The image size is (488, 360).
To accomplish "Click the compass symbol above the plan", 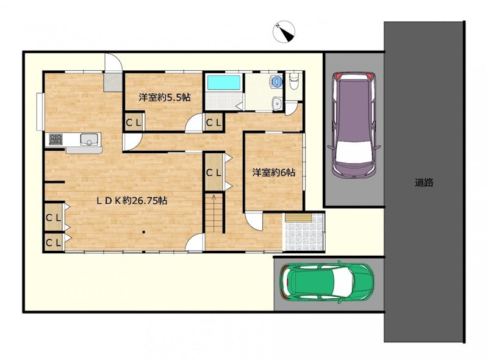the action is coord(284,32).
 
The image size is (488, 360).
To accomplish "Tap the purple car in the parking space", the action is coord(354,125).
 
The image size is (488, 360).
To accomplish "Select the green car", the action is coord(327,282).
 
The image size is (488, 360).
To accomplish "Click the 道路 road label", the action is coord(424,182).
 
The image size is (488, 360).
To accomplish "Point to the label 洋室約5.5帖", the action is coord(165,98).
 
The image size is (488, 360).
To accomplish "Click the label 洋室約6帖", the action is coord(273,172).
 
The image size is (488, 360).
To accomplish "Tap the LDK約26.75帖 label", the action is coord(132,201).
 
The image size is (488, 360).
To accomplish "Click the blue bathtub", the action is coord(224,82).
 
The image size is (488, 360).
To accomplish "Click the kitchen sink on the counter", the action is coord(90,139).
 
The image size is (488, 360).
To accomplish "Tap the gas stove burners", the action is coord(56,139).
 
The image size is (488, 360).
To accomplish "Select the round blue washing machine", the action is coord(276,81).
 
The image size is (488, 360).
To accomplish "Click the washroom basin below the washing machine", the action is coord(276,103).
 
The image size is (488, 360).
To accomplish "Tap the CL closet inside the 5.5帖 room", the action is coord(134,122).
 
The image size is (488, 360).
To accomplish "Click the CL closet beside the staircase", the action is coord(214,172).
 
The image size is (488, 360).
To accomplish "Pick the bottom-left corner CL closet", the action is coord(54,242).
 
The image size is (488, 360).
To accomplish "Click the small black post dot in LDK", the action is coord(144,232).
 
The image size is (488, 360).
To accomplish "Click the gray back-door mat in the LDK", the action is coord(113,82).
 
